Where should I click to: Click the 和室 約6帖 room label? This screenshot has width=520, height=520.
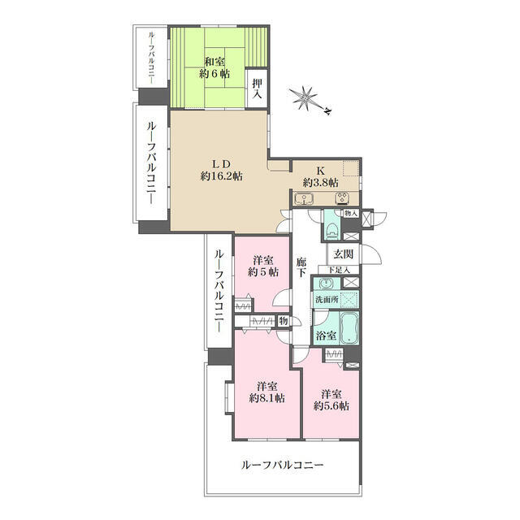(214, 67)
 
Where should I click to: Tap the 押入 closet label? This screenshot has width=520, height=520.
(258, 89)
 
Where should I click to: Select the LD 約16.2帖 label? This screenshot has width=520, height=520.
(221, 170)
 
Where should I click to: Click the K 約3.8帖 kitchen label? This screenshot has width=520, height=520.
(320, 176)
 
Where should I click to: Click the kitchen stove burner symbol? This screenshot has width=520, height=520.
(341, 198)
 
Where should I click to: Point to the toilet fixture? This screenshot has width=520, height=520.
(331, 230)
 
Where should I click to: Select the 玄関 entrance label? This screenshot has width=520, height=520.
(343, 254)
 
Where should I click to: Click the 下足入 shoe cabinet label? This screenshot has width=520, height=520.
(339, 270)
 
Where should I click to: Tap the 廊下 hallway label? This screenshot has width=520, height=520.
(301, 267)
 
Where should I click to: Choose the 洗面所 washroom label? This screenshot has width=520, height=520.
(327, 299)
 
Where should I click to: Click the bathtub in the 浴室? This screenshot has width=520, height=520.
(349, 328)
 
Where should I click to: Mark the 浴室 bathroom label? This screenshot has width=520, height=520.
(326, 336)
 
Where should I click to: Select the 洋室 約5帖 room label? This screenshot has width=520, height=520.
(263, 266)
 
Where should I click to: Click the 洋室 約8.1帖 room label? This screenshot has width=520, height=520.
(267, 392)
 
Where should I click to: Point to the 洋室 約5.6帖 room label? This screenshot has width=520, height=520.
(331, 401)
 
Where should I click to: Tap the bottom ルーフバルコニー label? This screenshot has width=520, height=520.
(283, 465)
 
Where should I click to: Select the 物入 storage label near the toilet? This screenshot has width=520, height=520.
(351, 214)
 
